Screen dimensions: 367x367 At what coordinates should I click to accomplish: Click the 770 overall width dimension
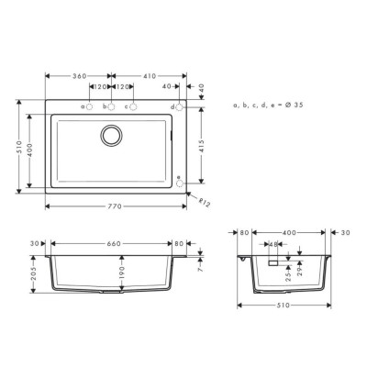[114, 206]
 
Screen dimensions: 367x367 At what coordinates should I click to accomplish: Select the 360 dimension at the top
[80, 76]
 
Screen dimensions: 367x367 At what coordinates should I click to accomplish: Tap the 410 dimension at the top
[149, 76]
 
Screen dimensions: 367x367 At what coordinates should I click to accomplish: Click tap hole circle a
[89, 106]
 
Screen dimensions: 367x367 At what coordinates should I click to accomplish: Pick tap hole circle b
[111, 106]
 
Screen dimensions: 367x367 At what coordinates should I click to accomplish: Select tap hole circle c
[133, 106]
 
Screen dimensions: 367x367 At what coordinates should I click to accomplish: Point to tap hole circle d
[180, 107]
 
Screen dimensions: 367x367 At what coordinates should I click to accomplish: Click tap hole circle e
[180, 183]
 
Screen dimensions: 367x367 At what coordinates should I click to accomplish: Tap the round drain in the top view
[111, 135]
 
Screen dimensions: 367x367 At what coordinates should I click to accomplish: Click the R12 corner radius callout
[205, 203]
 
